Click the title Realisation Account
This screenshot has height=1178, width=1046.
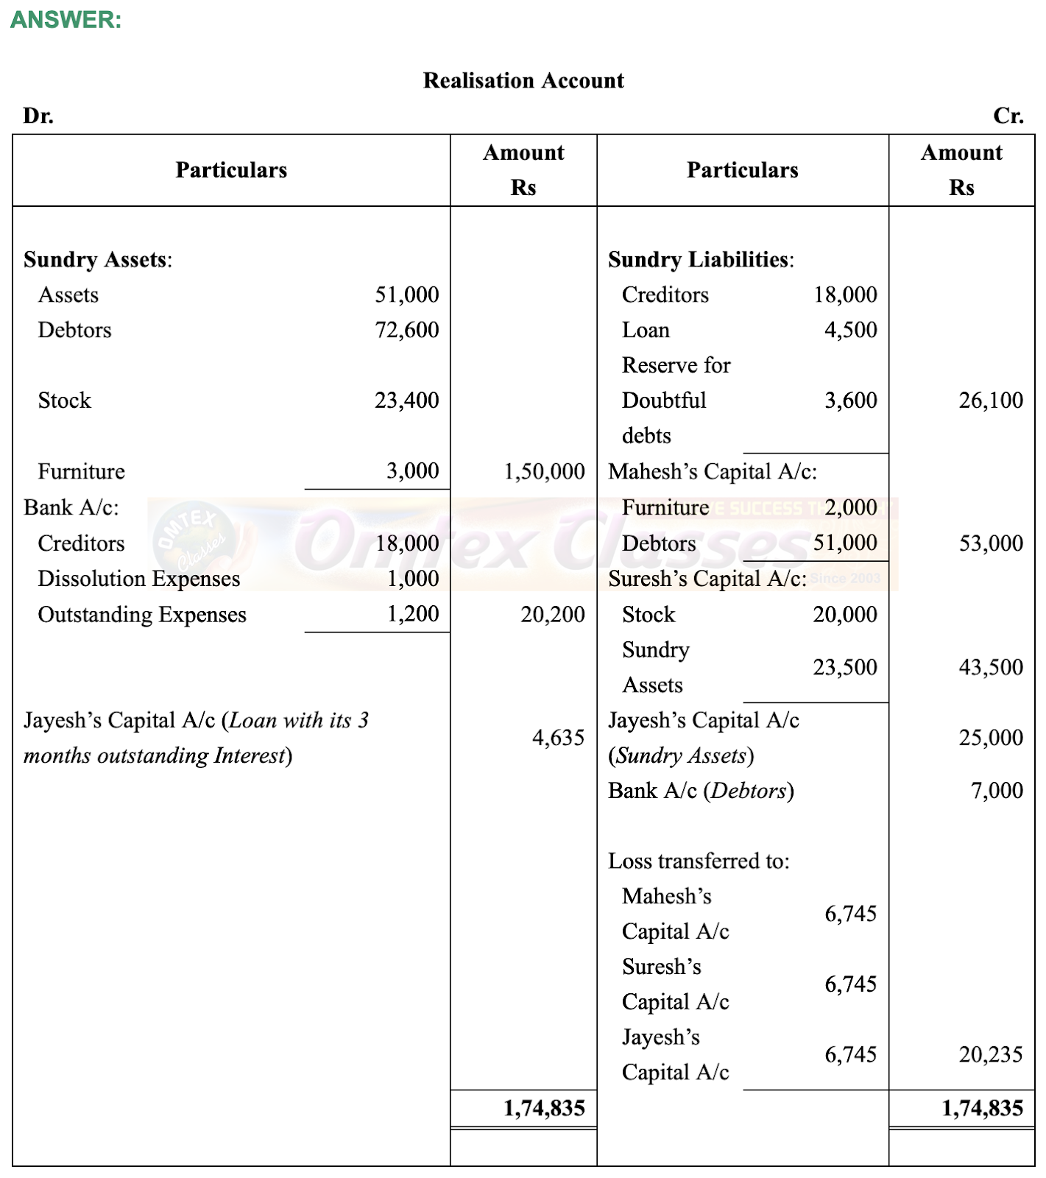(523, 80)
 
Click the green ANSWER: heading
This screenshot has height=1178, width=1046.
(66, 20)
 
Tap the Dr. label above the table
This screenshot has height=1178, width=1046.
(38, 116)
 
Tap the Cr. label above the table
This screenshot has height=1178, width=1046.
(1008, 116)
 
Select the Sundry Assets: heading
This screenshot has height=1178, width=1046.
(98, 259)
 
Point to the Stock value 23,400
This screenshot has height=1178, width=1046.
(406, 401)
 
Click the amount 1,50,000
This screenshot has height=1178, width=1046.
(544, 471)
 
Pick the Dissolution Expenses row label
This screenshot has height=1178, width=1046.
(139, 579)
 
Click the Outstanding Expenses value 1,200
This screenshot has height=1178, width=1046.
(413, 614)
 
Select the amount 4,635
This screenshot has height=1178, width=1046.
(558, 738)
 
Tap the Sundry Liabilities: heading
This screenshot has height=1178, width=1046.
(701, 259)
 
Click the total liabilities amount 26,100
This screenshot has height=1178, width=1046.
(991, 401)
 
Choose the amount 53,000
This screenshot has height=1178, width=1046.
(991, 543)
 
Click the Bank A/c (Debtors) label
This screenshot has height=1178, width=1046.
(701, 791)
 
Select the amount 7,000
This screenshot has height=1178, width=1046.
(997, 791)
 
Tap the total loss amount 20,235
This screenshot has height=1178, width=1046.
(991, 1055)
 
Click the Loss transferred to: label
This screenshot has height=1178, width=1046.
(699, 861)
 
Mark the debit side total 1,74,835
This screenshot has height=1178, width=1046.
(544, 1109)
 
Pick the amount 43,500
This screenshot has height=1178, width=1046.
(991, 667)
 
